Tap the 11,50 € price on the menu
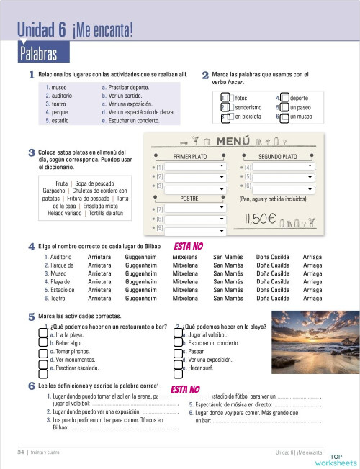(261, 219)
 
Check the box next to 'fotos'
(225, 98)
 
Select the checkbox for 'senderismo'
(225, 107)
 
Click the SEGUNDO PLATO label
(278, 156)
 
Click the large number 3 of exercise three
(32, 152)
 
